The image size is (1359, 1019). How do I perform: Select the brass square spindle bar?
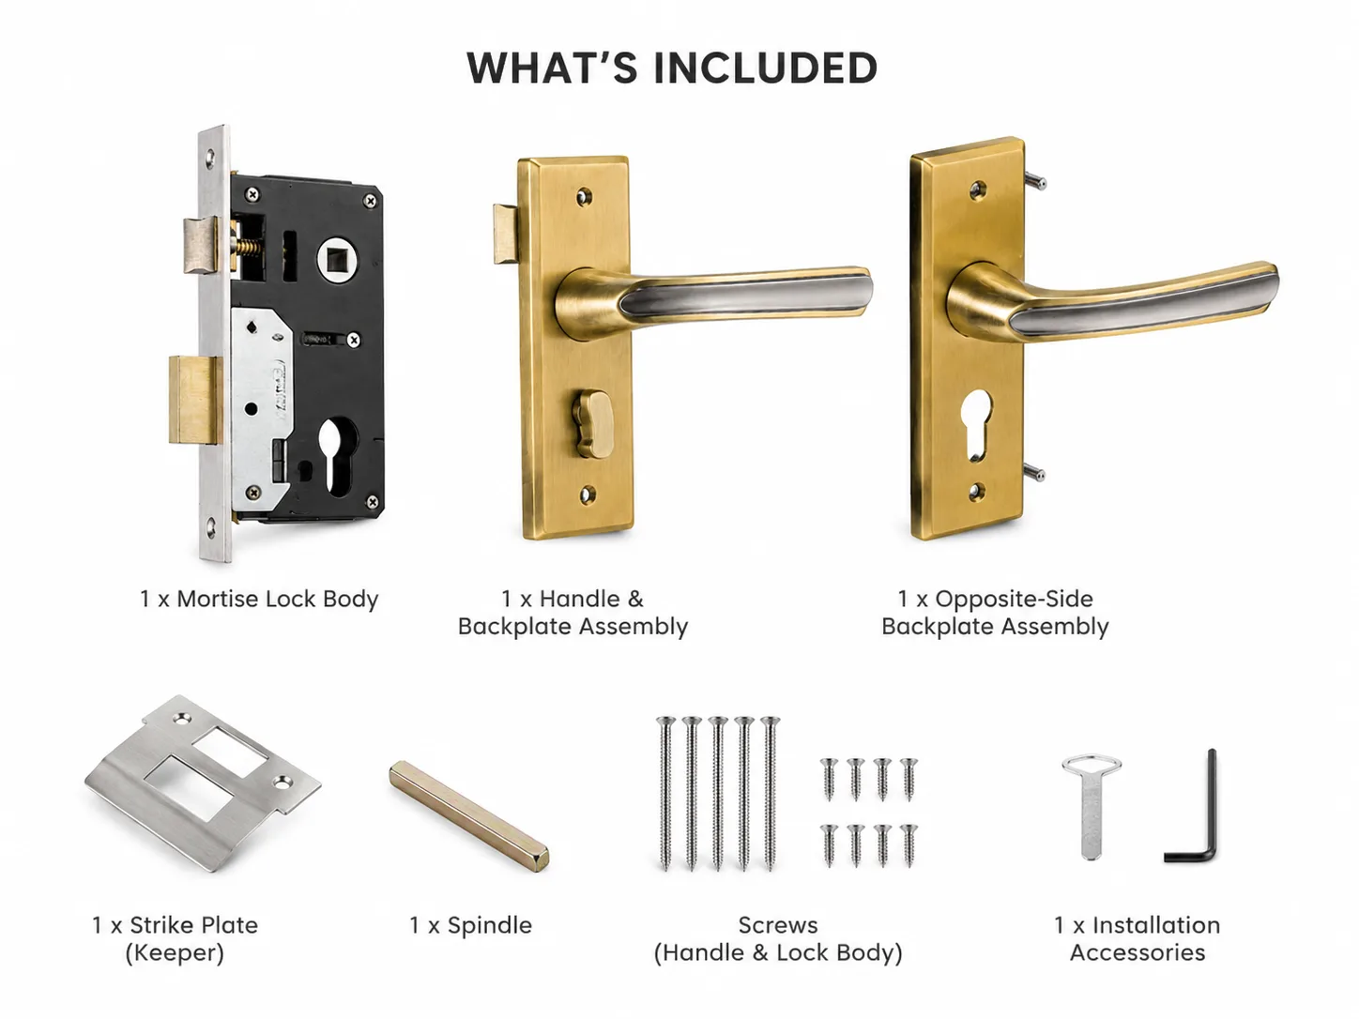tap(468, 816)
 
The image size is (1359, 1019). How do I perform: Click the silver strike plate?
tap(203, 783)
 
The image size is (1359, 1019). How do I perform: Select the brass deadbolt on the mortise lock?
tap(195, 401)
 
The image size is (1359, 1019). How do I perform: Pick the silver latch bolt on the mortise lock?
tap(200, 245)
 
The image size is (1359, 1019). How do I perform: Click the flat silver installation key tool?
tap(1091, 805)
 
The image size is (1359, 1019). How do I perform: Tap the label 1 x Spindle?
tap(470, 925)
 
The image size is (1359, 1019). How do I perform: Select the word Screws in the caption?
tap(778, 925)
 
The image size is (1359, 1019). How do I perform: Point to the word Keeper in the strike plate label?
tap(175, 952)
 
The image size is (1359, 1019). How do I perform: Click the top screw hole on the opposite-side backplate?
tap(977, 189)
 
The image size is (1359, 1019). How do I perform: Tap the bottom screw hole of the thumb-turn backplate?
tap(587, 495)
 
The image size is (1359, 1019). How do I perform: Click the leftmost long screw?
tap(666, 793)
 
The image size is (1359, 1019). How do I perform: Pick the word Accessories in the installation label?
tap(1138, 952)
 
